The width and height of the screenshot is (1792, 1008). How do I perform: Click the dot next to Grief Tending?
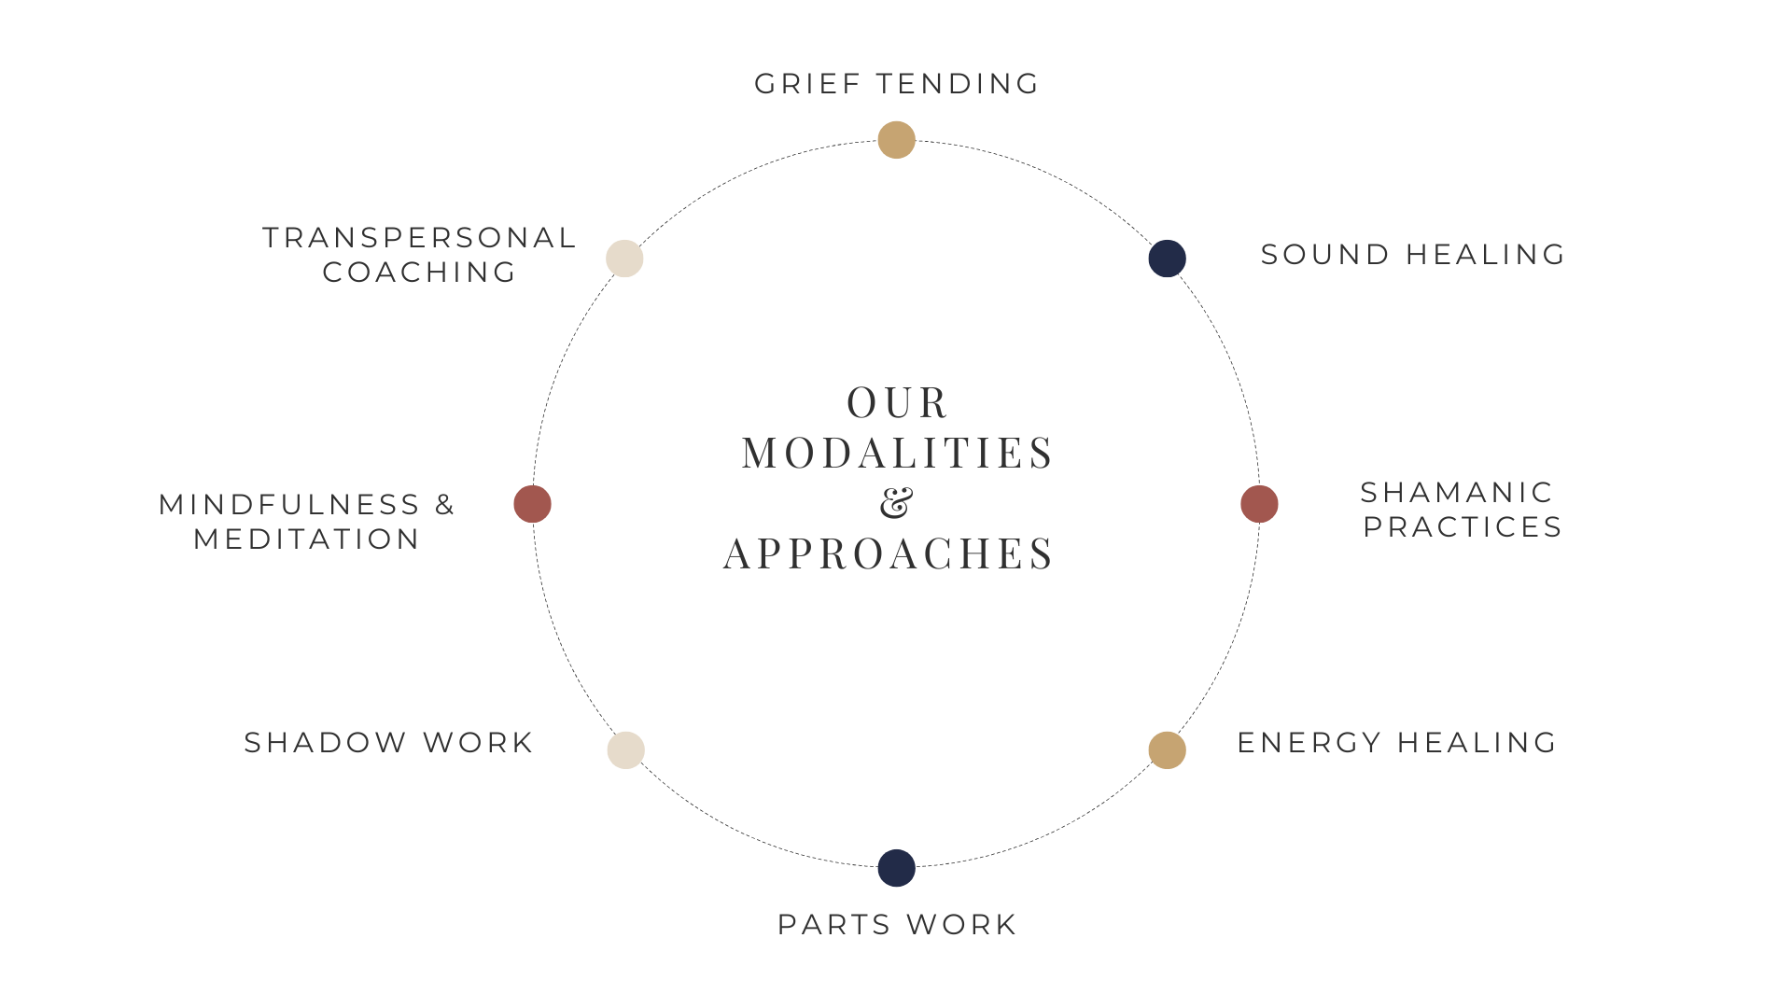point(896,140)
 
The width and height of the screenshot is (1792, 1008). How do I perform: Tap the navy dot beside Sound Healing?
point(1167,259)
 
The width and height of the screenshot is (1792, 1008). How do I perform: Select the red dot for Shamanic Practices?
point(1259,504)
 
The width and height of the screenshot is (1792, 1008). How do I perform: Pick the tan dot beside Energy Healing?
point(1167,750)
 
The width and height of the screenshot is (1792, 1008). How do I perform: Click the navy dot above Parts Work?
point(896,868)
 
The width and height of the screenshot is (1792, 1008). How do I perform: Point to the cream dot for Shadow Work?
point(625,750)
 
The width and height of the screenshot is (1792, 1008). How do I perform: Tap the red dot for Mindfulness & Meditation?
point(532,504)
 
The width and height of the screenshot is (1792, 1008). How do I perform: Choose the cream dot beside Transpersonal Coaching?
point(624,259)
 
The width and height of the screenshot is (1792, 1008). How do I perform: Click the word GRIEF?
point(807,84)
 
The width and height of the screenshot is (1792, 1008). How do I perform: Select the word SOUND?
point(1325,255)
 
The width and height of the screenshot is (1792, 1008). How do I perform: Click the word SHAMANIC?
point(1456,493)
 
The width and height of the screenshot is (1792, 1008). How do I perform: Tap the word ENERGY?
point(1309,743)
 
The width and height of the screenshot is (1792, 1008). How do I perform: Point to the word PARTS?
point(833,925)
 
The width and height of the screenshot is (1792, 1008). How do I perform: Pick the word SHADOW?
point(325,743)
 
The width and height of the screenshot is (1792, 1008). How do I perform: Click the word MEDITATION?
point(306,539)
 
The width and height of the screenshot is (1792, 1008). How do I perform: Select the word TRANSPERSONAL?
point(419,238)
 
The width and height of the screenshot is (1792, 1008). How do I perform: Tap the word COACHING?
point(419,273)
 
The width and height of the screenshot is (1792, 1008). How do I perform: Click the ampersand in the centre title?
point(896,503)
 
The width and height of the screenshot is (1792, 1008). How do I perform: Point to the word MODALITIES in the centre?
point(897,454)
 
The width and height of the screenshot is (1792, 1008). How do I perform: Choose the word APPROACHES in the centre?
point(889,553)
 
